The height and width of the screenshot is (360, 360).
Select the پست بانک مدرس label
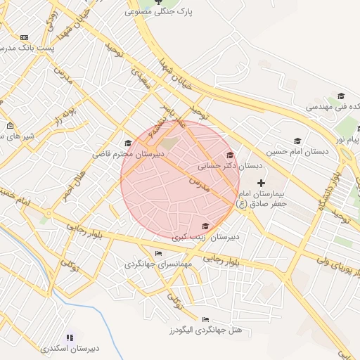pos(18,46)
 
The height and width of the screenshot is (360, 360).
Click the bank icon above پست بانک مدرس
pos(25,37)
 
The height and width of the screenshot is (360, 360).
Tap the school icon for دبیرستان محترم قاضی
pos(127,143)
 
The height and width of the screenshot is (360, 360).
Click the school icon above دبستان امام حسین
pos(297,141)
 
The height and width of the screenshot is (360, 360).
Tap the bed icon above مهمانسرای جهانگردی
pos(158,254)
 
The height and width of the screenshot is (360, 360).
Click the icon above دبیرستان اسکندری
pos(69,337)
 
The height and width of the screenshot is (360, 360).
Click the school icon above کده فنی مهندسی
pos(340,96)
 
